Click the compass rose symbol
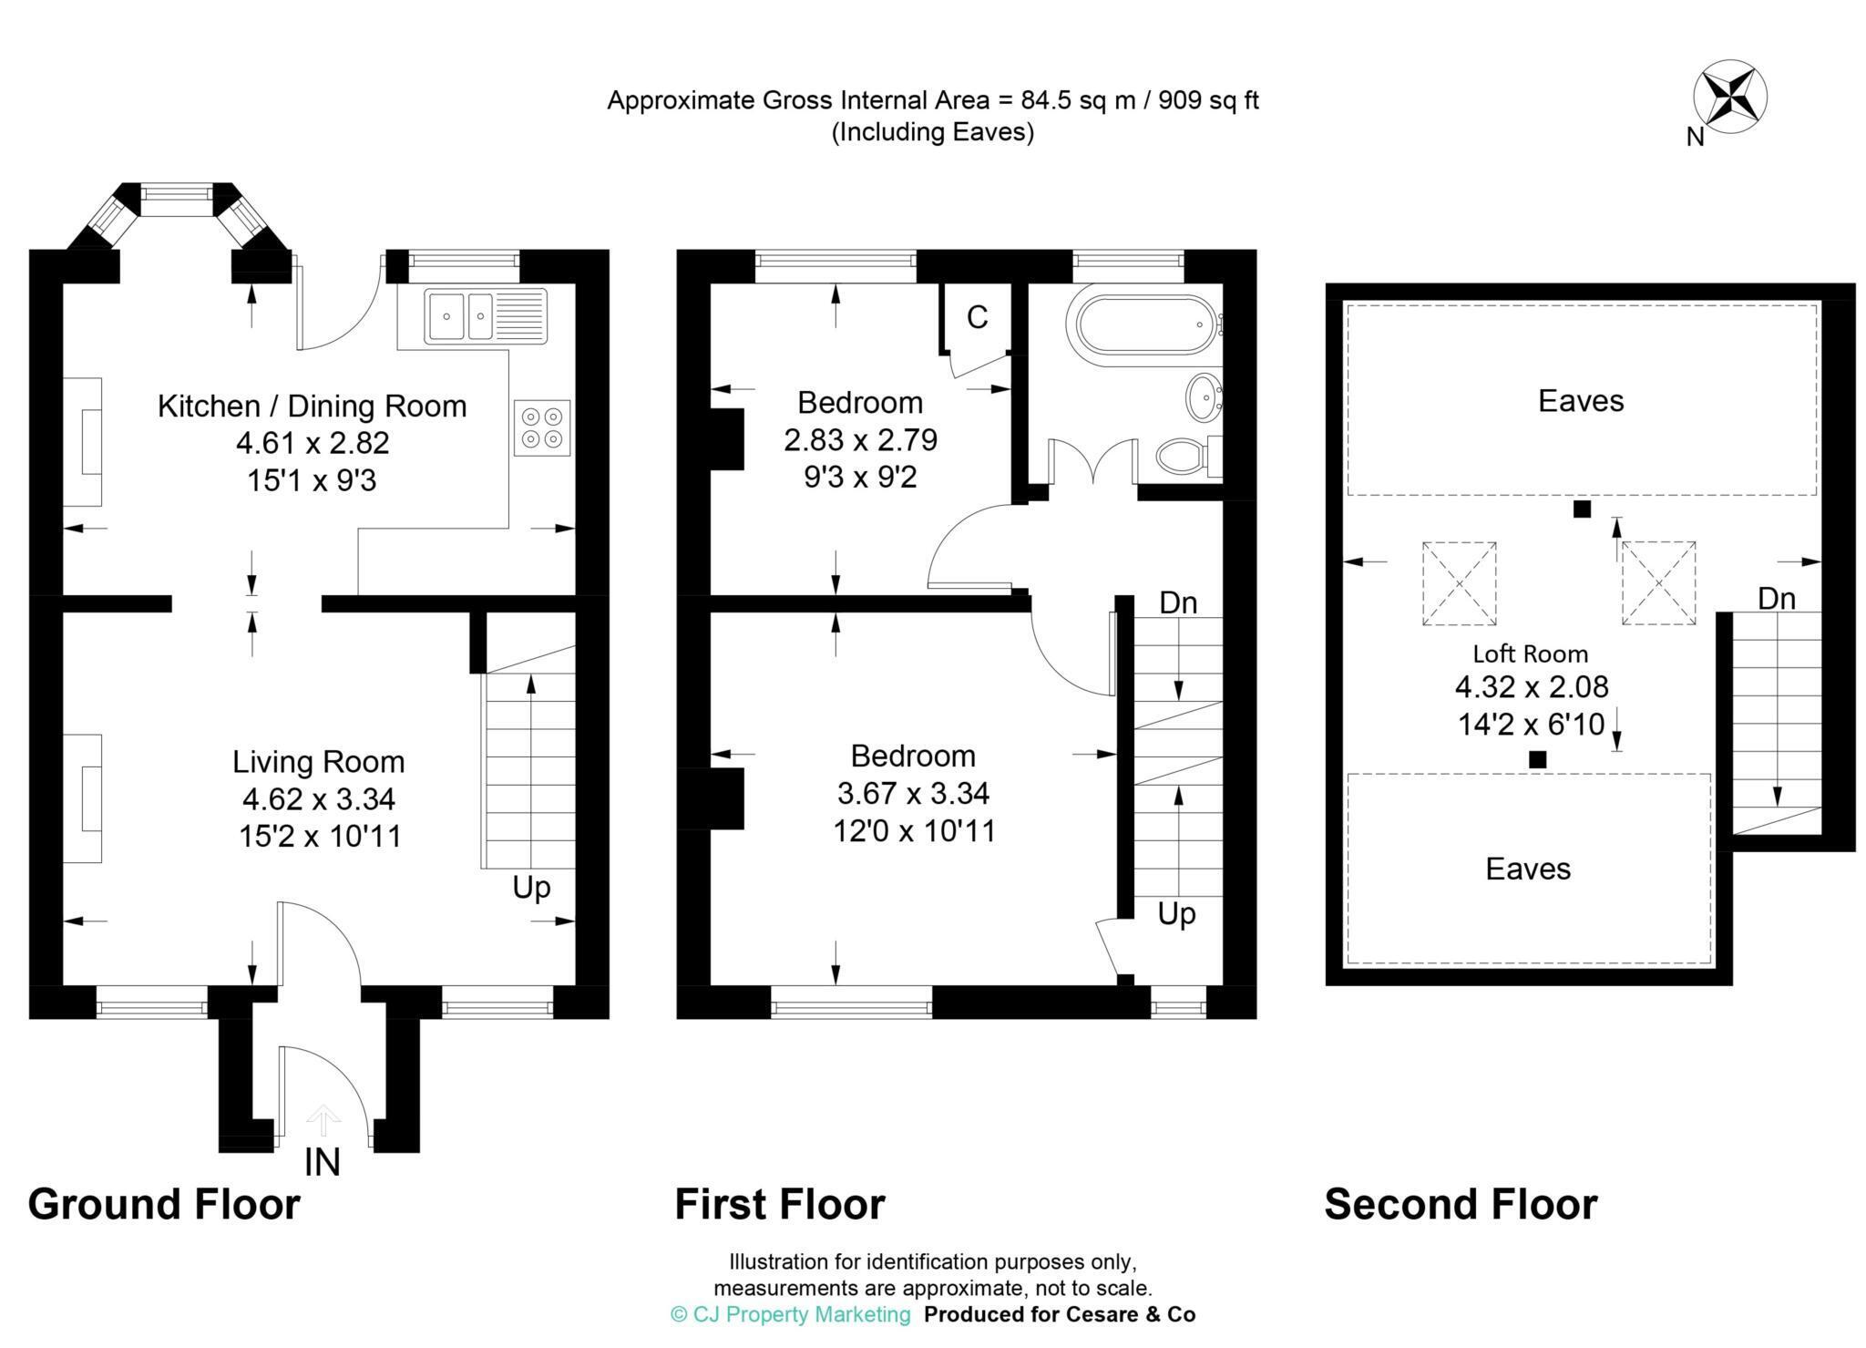click(1729, 98)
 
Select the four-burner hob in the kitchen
click(542, 427)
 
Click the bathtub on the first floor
click(1146, 326)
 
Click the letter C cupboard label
click(977, 317)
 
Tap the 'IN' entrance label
click(323, 1162)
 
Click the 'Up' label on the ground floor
click(531, 888)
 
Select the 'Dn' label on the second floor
click(1776, 599)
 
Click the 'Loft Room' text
click(1530, 653)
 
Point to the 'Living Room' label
click(318, 761)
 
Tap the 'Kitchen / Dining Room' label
click(312, 406)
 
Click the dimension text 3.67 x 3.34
click(913, 793)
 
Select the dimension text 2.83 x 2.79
click(860, 440)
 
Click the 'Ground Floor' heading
click(164, 1204)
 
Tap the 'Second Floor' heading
click(1460, 1204)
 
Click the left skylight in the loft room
click(1459, 583)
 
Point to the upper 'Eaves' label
click(1581, 401)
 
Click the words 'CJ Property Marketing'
click(802, 1314)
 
